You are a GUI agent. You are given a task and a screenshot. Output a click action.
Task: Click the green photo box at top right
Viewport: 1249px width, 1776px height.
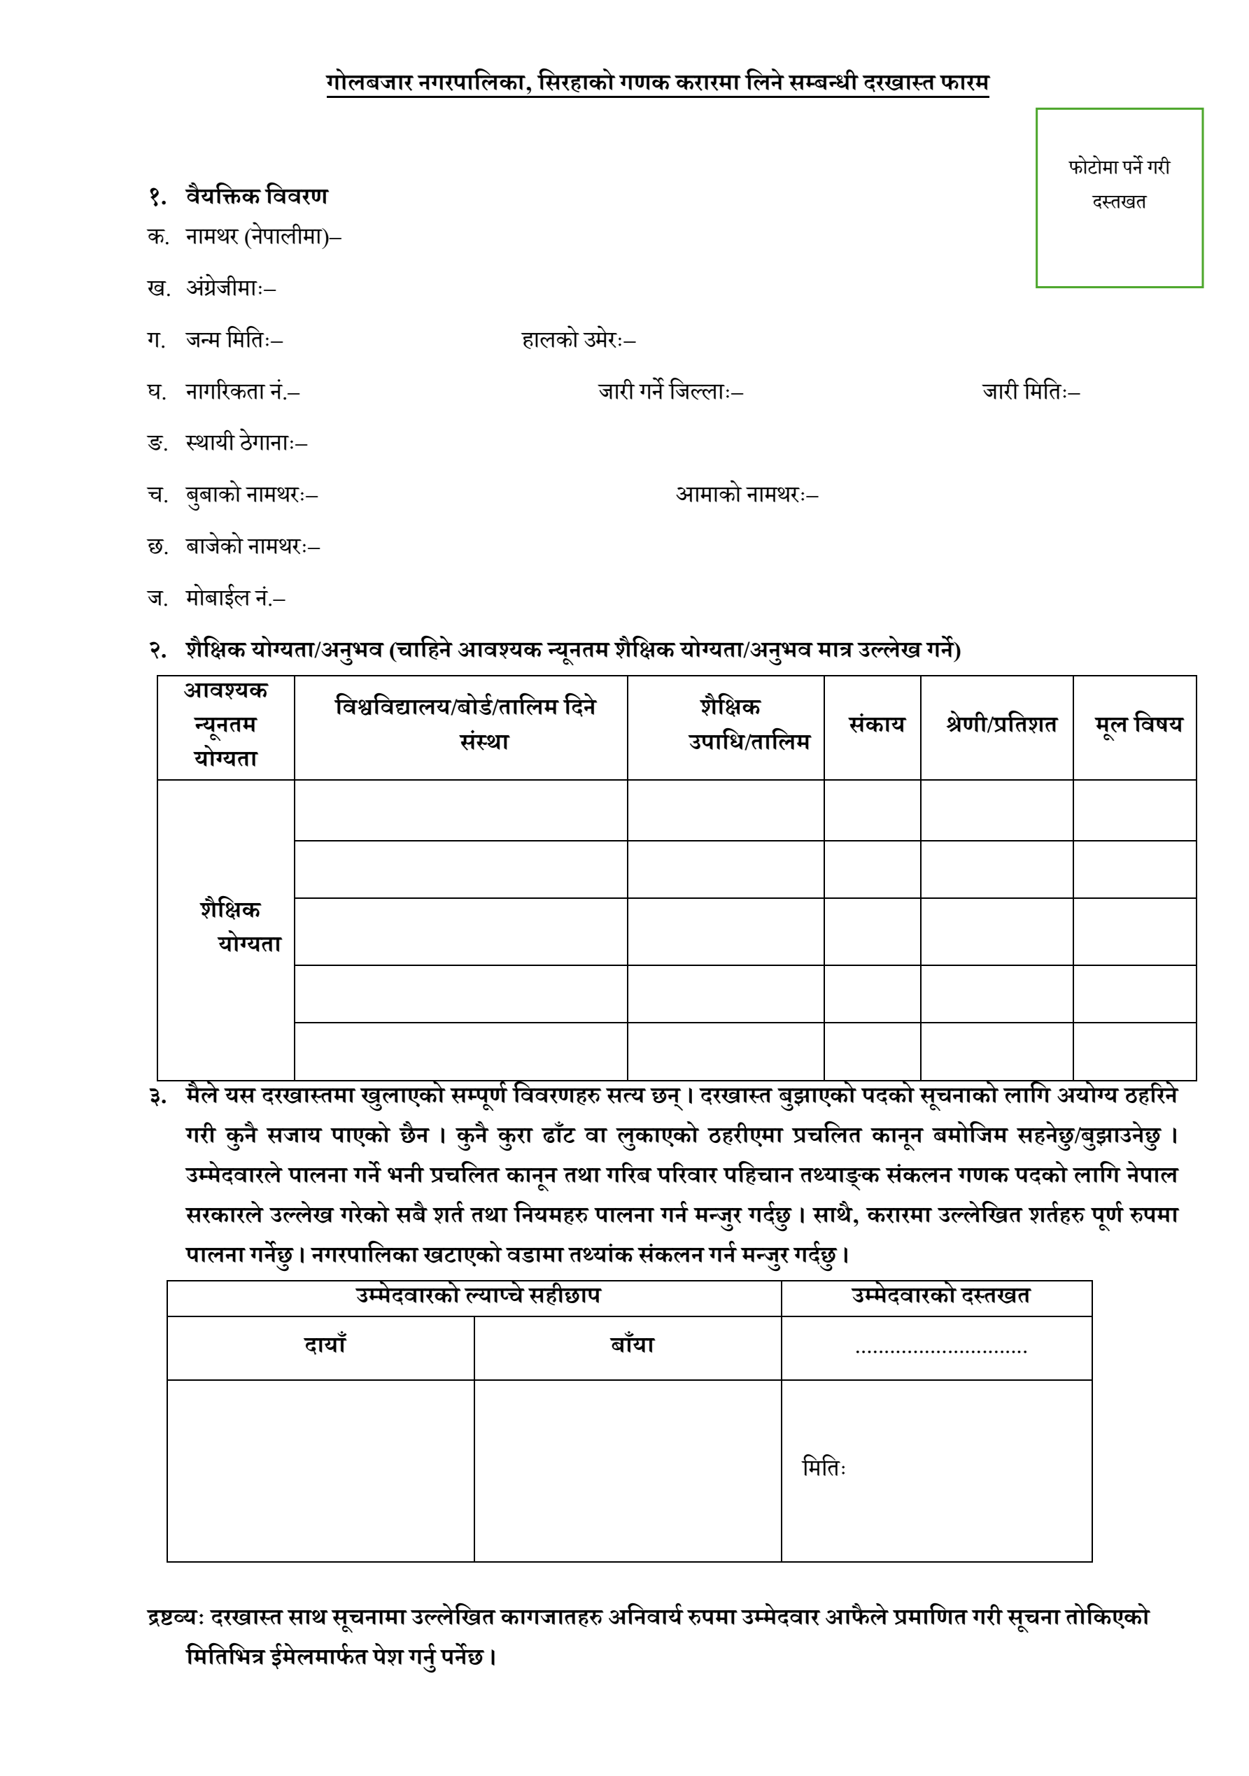(1118, 198)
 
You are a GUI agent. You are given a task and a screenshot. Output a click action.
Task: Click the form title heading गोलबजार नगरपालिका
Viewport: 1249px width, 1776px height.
(657, 82)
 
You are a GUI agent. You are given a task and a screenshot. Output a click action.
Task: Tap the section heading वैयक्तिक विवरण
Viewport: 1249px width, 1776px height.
(256, 197)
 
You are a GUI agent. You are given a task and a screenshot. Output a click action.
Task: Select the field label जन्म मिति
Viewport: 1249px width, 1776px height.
(234, 339)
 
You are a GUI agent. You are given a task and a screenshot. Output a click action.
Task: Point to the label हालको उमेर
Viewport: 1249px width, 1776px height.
(577, 339)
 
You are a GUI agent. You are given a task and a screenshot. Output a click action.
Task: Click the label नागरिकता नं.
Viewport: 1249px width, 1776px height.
(242, 392)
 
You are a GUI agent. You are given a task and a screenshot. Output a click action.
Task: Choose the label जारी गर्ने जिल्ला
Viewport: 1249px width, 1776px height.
(670, 392)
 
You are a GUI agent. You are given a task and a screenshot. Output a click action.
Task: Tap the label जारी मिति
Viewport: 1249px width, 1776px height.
(1030, 392)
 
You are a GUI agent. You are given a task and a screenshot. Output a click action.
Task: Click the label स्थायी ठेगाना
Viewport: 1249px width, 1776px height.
(246, 443)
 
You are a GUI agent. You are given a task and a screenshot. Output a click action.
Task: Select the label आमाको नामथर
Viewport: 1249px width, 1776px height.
(746, 495)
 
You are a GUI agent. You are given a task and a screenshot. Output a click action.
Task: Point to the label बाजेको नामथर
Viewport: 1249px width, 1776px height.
(253, 546)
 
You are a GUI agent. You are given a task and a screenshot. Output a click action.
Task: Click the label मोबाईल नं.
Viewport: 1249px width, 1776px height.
(234, 598)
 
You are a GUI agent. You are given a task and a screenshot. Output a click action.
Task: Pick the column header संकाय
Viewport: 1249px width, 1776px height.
(876, 725)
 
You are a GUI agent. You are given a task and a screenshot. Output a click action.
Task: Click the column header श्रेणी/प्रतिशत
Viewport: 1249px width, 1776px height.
(1001, 725)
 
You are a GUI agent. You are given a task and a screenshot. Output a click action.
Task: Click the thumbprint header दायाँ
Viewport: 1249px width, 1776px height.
(324, 1345)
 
